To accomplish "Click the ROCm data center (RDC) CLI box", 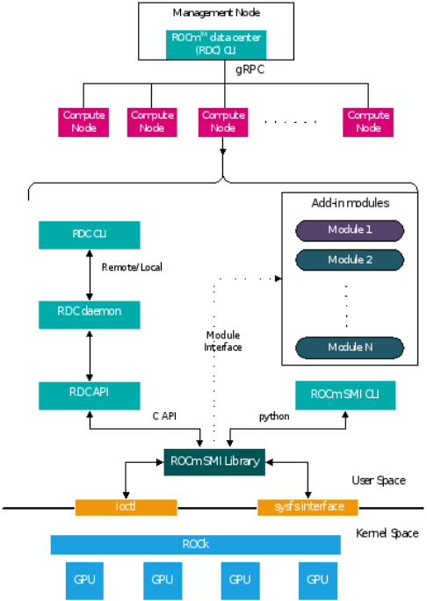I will pyautogui.click(x=215, y=44).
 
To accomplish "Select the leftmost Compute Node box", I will pyautogui.click(x=83, y=122).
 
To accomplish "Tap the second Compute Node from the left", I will pyautogui.click(x=152, y=122).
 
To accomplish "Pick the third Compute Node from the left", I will pyautogui.click(x=223, y=122).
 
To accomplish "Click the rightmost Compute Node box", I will pyautogui.click(x=368, y=122).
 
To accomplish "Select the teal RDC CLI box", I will pyautogui.click(x=89, y=235).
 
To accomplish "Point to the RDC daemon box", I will pyautogui.click(x=89, y=314).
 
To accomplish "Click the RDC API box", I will pyautogui.click(x=89, y=395).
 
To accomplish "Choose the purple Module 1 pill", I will pyautogui.click(x=350, y=230).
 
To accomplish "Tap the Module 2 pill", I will pyautogui.click(x=350, y=260).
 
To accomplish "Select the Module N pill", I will pyautogui.click(x=350, y=348).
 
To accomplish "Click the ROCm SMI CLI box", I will pyautogui.click(x=345, y=395).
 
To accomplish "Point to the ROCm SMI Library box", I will pyautogui.click(x=214, y=461).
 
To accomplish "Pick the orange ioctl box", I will pyautogui.click(x=126, y=507).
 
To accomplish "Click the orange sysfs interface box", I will pyautogui.click(x=308, y=507).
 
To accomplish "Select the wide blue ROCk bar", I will pyautogui.click(x=195, y=545).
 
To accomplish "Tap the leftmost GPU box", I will pyautogui.click(x=84, y=580).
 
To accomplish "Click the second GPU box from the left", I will pyautogui.click(x=163, y=580).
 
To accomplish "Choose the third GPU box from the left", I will pyautogui.click(x=240, y=580).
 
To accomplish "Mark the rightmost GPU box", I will pyautogui.click(x=318, y=580).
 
